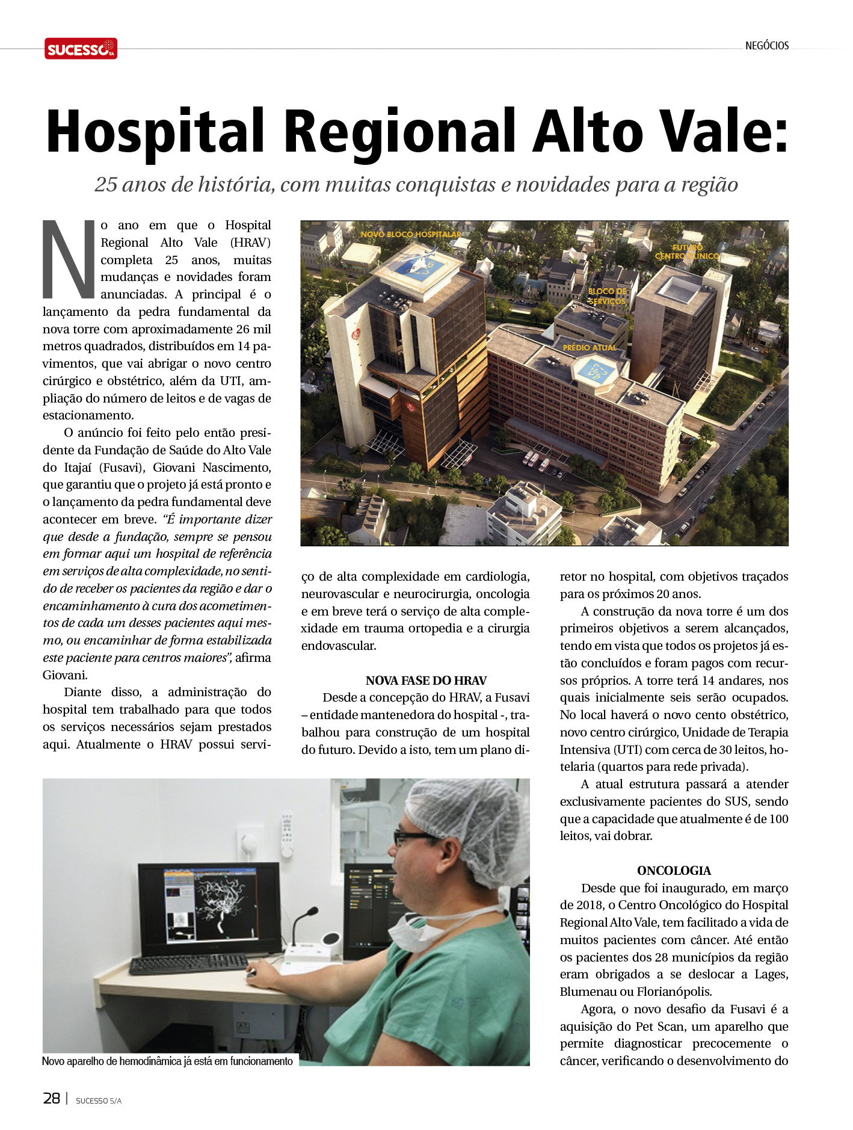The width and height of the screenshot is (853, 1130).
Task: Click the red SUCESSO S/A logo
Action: (81, 49)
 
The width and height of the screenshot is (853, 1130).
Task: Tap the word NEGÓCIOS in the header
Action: (766, 46)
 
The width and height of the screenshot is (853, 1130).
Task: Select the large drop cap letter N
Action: (69, 259)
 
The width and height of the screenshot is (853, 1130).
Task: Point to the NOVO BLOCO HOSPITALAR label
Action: (410, 234)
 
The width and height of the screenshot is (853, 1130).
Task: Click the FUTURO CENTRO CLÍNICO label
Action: (688, 252)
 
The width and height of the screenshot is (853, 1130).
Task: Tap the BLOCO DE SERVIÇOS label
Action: (607, 296)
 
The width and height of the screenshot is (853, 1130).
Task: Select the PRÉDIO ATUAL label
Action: (590, 348)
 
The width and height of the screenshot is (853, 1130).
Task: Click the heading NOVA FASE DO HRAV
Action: (426, 681)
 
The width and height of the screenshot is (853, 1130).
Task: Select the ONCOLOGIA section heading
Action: (674, 871)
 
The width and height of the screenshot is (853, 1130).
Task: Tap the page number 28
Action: (51, 1099)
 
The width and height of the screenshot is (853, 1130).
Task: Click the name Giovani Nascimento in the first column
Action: (212, 468)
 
